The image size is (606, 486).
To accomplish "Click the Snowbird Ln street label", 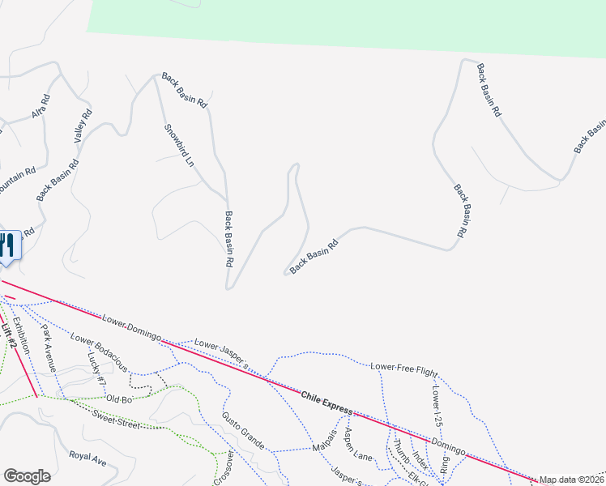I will tap(179, 146).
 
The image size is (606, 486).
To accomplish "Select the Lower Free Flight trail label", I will tap(403, 367).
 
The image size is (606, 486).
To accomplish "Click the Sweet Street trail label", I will tap(116, 419).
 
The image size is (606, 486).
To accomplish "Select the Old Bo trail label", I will tap(118, 399).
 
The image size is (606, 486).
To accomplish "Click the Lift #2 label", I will tap(10, 332).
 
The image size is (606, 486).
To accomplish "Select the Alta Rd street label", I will tap(41, 106).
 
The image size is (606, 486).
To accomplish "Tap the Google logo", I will tap(27, 476).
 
